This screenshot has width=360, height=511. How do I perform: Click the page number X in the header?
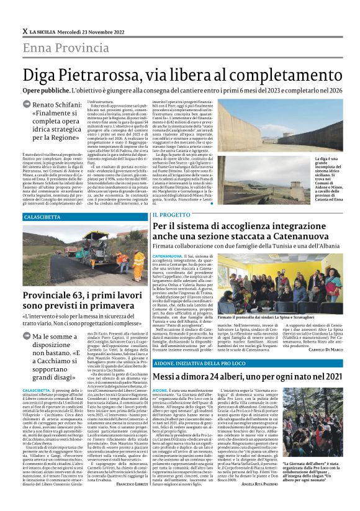tap(25, 31)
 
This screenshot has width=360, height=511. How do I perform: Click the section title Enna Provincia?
tap(60, 47)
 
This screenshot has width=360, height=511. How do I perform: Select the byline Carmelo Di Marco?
tap(324, 350)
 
